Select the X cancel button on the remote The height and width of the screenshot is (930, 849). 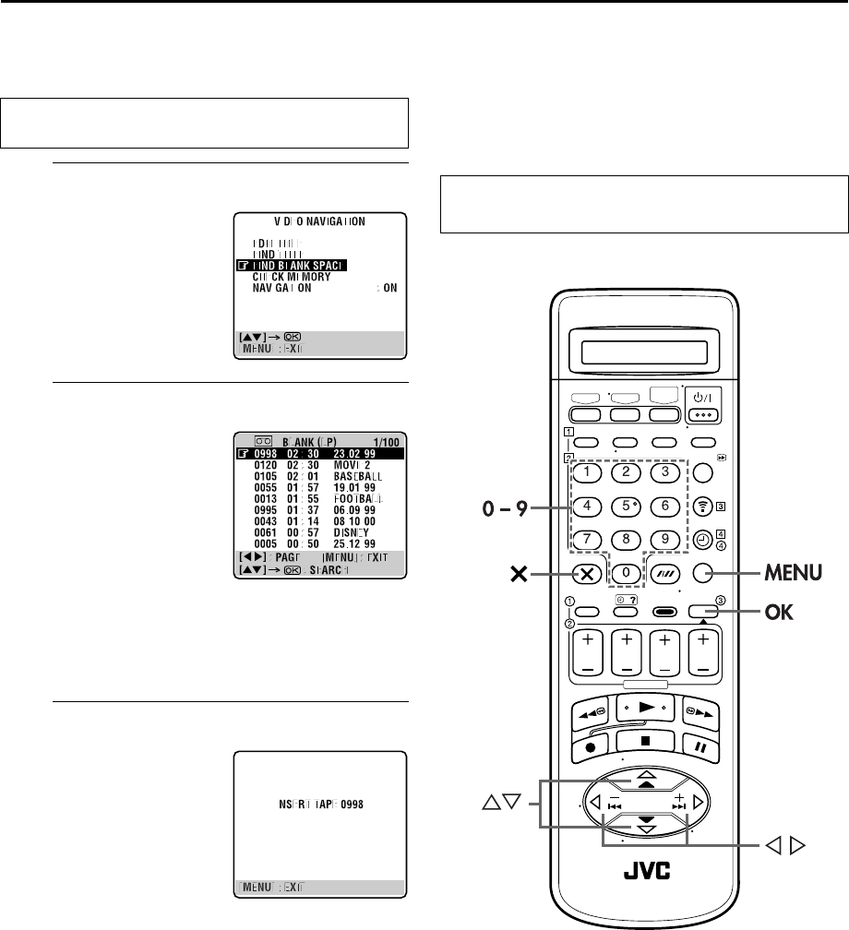click(587, 573)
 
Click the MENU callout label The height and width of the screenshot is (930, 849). click(790, 573)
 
